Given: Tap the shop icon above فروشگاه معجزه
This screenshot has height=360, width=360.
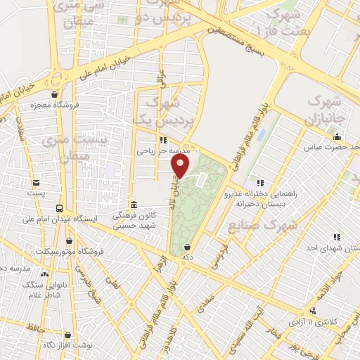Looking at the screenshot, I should [x=54, y=95].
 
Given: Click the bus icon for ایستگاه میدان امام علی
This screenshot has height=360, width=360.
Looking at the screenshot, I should [x=60, y=208].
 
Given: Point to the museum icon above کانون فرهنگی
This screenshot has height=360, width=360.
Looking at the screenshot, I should [x=134, y=204].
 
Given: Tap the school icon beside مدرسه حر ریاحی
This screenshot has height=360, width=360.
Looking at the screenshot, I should [x=163, y=139].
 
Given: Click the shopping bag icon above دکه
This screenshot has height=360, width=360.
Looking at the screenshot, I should [x=188, y=247].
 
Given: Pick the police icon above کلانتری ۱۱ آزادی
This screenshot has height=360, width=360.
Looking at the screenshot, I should [x=313, y=310].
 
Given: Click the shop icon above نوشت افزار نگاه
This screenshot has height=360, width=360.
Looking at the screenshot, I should [x=68, y=335].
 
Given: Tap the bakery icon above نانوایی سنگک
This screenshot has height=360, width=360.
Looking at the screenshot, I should [x=44, y=274].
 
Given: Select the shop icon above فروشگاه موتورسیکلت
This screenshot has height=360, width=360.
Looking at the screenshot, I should [x=68, y=240].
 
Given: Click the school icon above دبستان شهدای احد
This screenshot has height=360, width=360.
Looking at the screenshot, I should [x=337, y=237].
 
